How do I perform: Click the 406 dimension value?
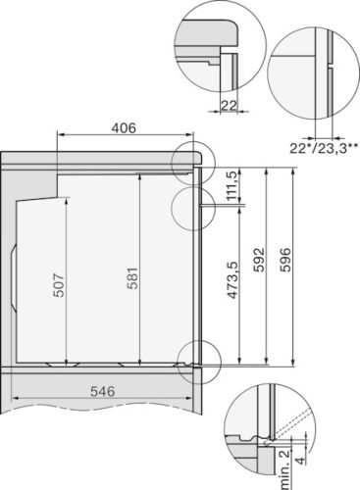click(123, 126)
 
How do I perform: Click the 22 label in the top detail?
click(228, 105)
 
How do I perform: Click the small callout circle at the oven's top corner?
click(190, 161)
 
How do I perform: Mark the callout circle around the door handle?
click(190, 206)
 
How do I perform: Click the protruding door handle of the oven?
click(209, 206)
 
